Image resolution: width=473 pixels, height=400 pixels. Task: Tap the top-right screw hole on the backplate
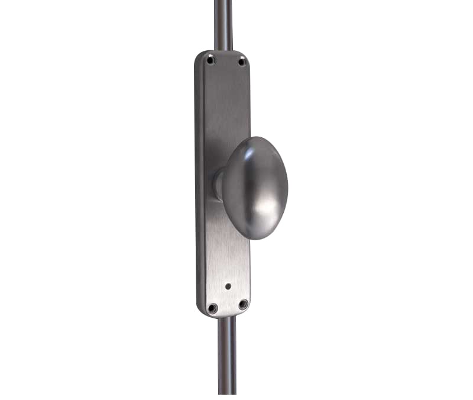click(x=241, y=62)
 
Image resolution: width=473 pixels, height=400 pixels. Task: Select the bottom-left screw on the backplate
click(x=212, y=308)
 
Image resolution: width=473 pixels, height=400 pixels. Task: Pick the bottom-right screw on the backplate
click(x=243, y=304)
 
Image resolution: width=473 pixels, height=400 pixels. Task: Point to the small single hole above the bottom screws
click(x=228, y=286)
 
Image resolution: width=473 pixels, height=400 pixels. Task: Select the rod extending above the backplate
click(x=223, y=24)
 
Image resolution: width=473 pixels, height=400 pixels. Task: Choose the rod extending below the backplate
click(x=226, y=355)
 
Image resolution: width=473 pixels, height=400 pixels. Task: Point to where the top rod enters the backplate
click(x=223, y=51)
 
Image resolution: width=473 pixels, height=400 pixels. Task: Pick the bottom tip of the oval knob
click(x=258, y=238)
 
